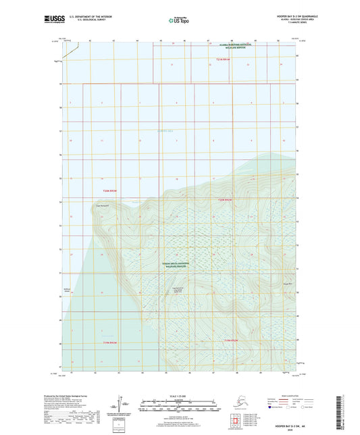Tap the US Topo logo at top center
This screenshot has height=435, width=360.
(x=179, y=21)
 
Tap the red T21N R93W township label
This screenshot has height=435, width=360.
(x=224, y=59)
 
